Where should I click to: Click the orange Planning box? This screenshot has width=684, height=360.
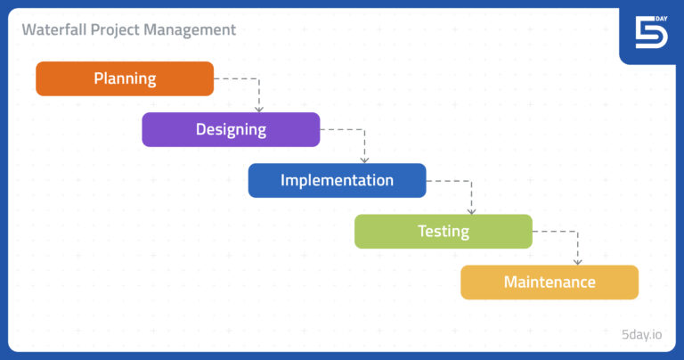[x=125, y=78]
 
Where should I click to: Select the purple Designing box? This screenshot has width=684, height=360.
[x=231, y=129]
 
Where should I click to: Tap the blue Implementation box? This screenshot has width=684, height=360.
[x=337, y=180]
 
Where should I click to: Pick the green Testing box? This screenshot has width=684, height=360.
[x=443, y=231]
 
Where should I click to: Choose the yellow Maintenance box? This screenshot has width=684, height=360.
[x=550, y=282]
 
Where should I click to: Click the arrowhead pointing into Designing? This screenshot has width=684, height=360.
[x=259, y=109]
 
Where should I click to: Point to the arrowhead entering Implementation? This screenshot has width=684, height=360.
[x=365, y=160]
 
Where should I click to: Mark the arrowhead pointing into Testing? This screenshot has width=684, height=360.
[x=471, y=210]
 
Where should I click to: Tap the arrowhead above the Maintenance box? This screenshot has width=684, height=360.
[x=577, y=261]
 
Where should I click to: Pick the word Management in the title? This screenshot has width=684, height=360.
[x=190, y=30]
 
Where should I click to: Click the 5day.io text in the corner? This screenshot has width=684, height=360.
[x=641, y=335]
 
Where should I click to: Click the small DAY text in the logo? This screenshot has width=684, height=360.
[x=661, y=18]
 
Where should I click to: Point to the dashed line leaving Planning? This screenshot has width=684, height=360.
[x=236, y=78]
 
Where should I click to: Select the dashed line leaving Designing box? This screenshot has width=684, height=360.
[x=343, y=129]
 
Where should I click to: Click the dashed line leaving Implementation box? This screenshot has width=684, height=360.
[x=449, y=180]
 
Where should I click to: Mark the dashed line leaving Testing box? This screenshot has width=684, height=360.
[x=555, y=231]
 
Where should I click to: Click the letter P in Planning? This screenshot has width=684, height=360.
[x=99, y=78]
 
